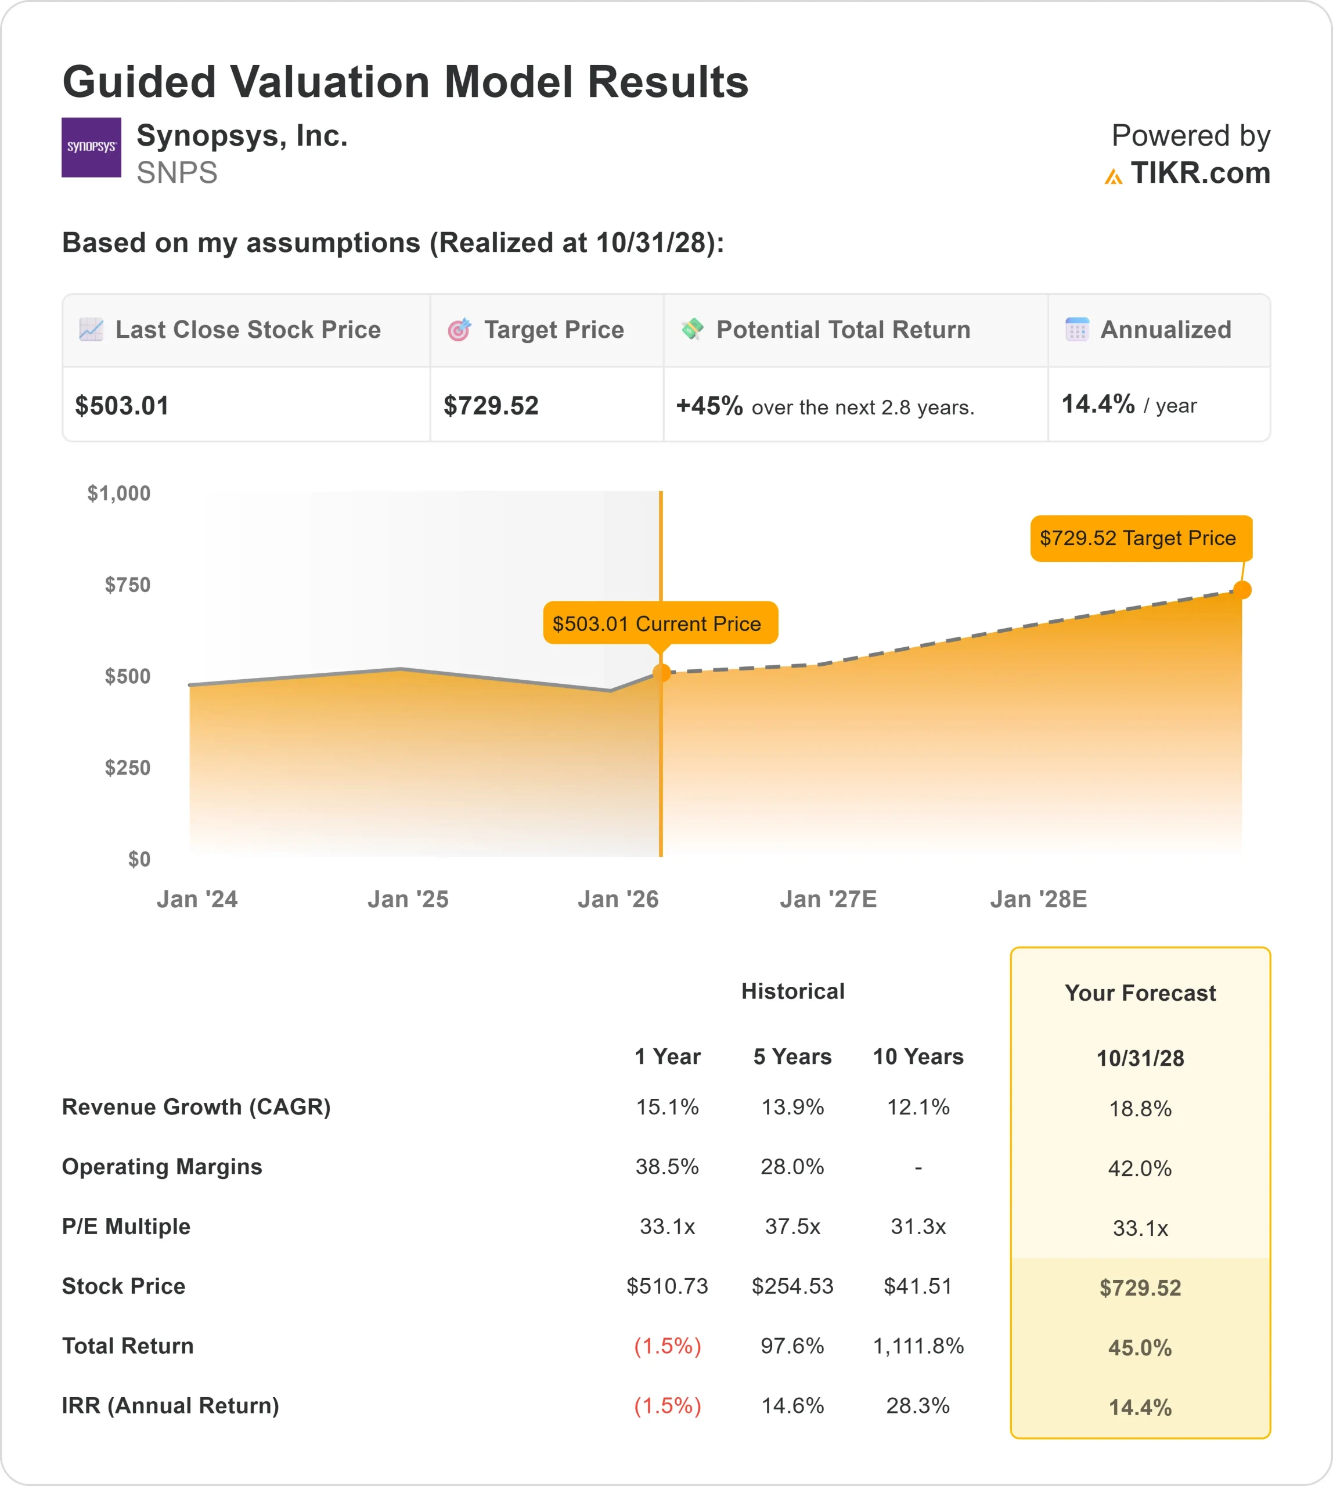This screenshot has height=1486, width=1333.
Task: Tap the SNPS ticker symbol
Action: tap(176, 173)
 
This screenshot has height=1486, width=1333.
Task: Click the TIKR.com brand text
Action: tap(1199, 174)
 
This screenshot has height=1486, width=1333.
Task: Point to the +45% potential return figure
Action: tap(709, 406)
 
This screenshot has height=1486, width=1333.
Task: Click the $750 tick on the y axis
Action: tap(128, 585)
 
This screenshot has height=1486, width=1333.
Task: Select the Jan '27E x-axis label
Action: tap(828, 899)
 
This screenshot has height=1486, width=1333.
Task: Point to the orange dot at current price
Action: tap(661, 672)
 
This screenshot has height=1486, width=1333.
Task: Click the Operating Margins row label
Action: tap(162, 1167)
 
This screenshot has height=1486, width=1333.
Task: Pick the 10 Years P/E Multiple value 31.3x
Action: tap(918, 1226)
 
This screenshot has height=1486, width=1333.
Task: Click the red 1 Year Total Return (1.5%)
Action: tap(667, 1346)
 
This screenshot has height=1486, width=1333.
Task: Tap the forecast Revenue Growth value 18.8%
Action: tap(1140, 1108)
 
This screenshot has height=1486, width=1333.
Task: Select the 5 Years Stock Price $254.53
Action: tap(792, 1286)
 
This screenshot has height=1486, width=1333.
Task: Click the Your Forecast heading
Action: tap(1140, 993)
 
